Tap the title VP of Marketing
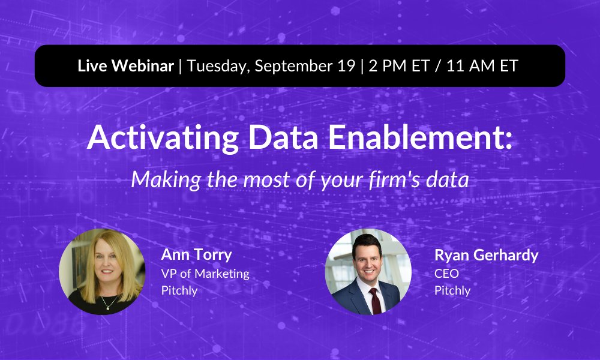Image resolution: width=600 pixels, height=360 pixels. coord(205,274)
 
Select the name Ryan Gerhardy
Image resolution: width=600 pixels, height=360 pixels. coord(486,255)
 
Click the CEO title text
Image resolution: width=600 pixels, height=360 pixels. coord(446,274)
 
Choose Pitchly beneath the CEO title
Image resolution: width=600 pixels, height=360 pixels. coord(452,291)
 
